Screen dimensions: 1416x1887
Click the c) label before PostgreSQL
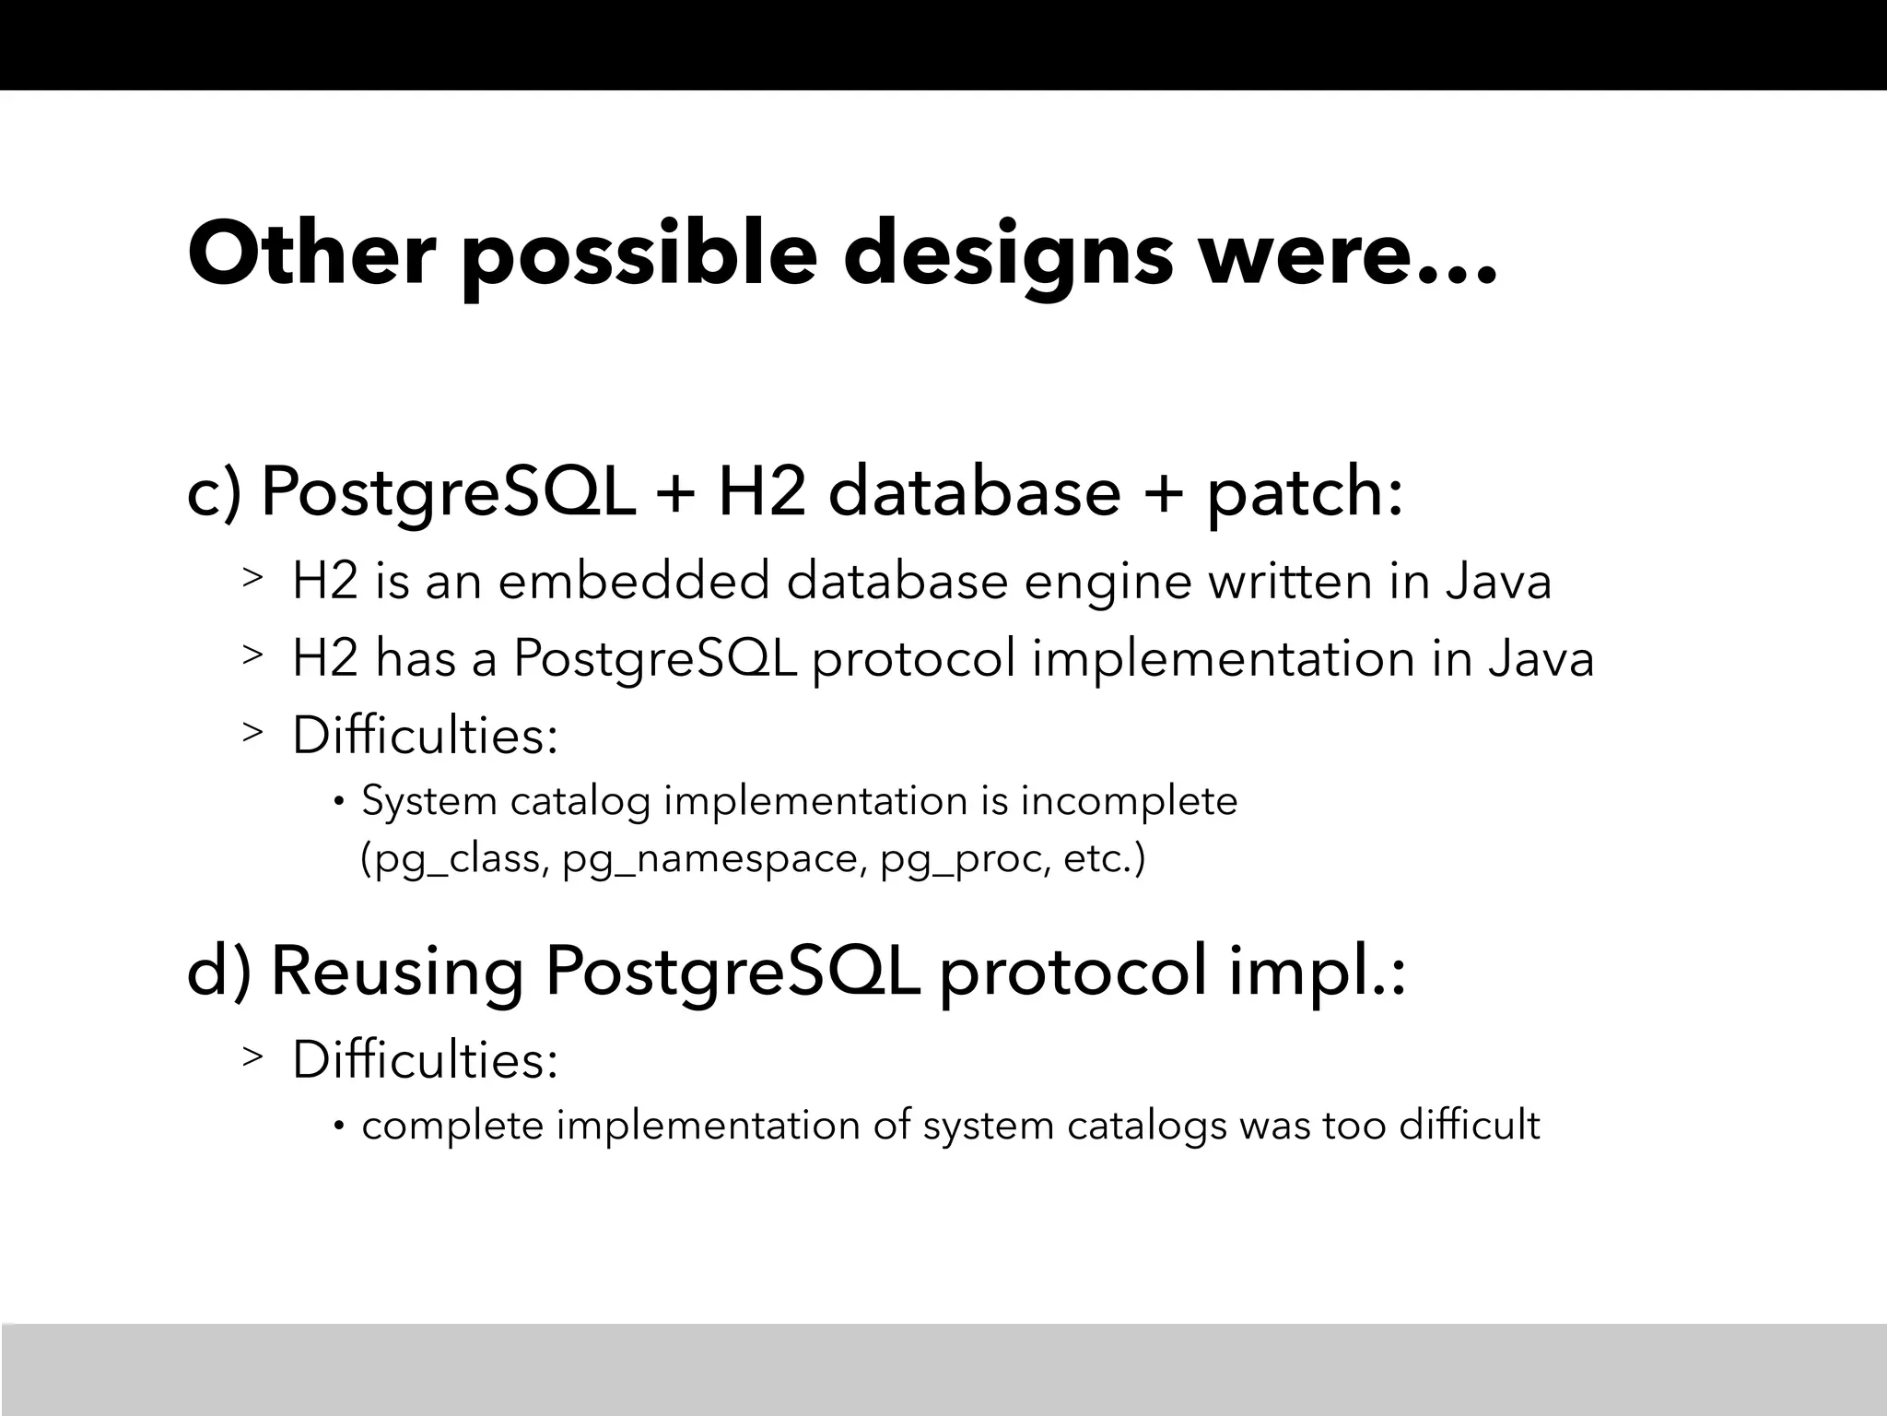(214, 493)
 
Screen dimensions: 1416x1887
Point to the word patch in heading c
(1295, 493)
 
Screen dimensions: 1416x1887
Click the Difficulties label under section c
(425, 737)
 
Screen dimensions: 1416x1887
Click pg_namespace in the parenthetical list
(715, 860)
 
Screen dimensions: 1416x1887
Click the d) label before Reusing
(218, 973)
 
